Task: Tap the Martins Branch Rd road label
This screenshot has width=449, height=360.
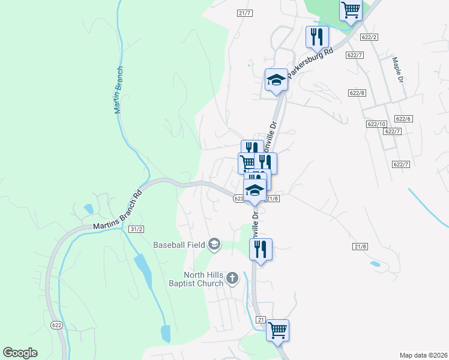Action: (117, 210)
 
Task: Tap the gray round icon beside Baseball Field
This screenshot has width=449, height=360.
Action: (214, 244)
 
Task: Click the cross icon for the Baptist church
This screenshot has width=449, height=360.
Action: (232, 278)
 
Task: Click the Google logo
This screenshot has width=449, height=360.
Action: (20, 353)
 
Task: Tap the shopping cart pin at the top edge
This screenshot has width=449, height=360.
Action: (351, 10)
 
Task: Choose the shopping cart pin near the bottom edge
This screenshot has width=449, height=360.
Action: (277, 329)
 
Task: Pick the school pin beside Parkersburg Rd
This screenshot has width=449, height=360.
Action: (276, 80)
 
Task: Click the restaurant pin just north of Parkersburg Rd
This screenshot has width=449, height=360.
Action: (316, 37)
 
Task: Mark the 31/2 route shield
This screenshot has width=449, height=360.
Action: (137, 229)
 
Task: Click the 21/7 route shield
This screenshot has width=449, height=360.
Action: (244, 13)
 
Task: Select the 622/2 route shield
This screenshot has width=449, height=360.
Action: (369, 37)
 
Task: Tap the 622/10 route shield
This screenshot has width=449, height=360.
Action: (376, 124)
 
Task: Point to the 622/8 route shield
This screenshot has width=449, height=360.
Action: (357, 92)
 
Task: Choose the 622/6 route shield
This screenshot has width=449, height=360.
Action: (403, 119)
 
